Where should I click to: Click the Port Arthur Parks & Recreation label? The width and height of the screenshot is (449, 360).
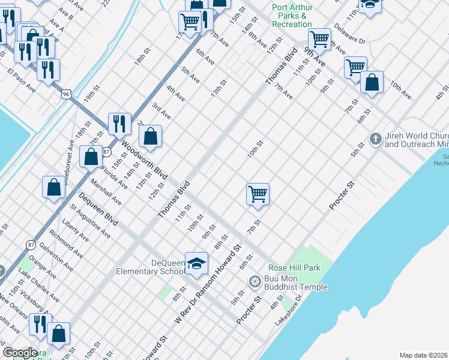click(x=292, y=16)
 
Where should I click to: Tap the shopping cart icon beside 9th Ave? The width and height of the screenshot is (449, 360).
click(x=319, y=40)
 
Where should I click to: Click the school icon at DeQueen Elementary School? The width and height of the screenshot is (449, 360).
click(x=196, y=263)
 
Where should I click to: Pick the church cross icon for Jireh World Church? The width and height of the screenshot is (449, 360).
click(x=375, y=139)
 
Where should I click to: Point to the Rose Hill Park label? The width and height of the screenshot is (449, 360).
click(x=294, y=268)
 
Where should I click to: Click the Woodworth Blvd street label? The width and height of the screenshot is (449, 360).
click(x=143, y=161)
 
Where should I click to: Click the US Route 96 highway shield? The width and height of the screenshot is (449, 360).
click(x=66, y=94)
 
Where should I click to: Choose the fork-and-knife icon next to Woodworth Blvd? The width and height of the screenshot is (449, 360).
click(x=119, y=124)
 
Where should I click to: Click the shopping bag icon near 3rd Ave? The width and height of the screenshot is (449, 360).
click(x=151, y=136)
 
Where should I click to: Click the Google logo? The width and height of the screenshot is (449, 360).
click(x=20, y=353)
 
